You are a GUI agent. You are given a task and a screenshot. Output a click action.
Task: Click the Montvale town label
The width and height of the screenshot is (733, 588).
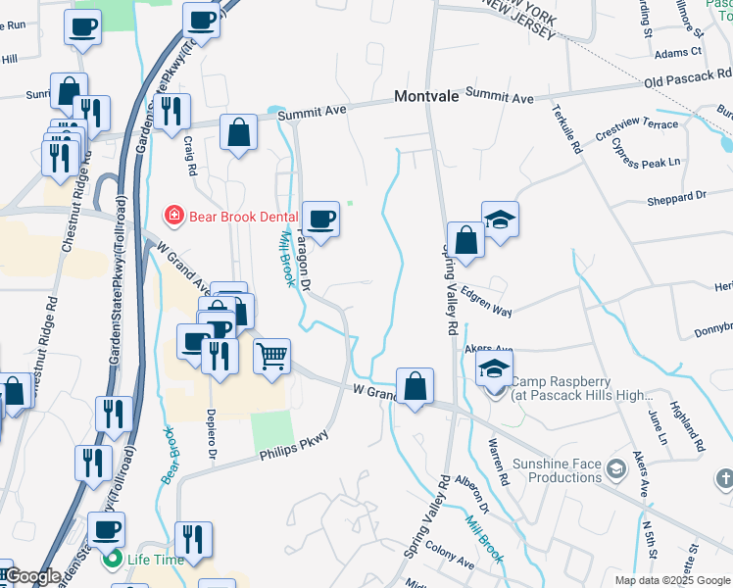(426, 97)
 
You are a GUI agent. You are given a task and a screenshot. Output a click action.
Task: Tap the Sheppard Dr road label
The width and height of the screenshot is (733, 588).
(676, 197)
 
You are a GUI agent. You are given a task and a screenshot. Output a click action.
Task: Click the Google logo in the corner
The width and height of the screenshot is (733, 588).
(32, 576)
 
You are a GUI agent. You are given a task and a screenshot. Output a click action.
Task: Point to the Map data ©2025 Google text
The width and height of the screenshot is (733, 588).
(671, 580)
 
